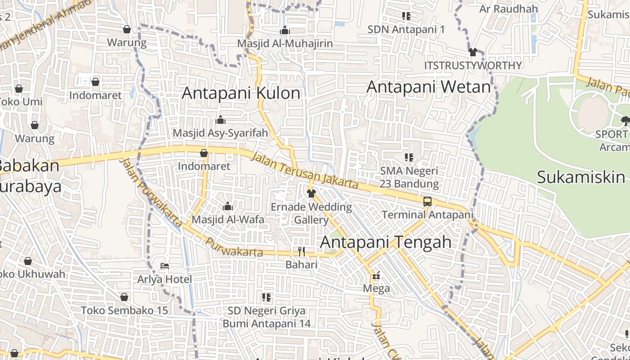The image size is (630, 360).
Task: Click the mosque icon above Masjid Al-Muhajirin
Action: [284, 31]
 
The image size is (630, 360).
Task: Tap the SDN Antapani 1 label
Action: [406, 30]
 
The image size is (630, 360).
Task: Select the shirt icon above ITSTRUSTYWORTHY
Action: [472, 52]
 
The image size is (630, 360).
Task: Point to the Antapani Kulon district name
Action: [241, 93]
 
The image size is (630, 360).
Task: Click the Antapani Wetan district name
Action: [428, 87]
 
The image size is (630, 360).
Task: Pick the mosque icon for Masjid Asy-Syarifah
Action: [220, 120]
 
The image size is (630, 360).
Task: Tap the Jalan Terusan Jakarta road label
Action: [304, 171]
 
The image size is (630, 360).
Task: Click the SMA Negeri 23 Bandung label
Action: [409, 177]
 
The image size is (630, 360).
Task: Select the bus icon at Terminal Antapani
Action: [427, 201]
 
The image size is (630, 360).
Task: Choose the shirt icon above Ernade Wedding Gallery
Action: [311, 193]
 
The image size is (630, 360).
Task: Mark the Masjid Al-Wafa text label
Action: [228, 220]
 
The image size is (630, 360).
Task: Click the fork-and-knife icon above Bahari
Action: [301, 251]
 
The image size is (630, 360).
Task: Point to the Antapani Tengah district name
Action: [386, 242]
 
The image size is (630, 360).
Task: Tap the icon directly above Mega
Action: [376, 275]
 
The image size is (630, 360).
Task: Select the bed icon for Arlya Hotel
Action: [165, 266]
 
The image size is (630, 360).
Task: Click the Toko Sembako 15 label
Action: [124, 310]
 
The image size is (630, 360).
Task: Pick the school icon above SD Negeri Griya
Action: [266, 297]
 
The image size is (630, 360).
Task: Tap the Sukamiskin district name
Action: [581, 177]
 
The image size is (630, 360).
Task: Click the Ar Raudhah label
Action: [508, 9]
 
